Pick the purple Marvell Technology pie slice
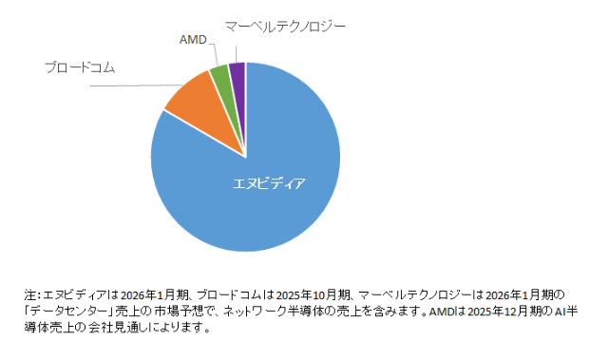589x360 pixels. tap(237, 71)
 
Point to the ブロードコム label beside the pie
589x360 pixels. tap(85, 66)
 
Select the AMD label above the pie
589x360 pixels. tap(193, 39)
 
